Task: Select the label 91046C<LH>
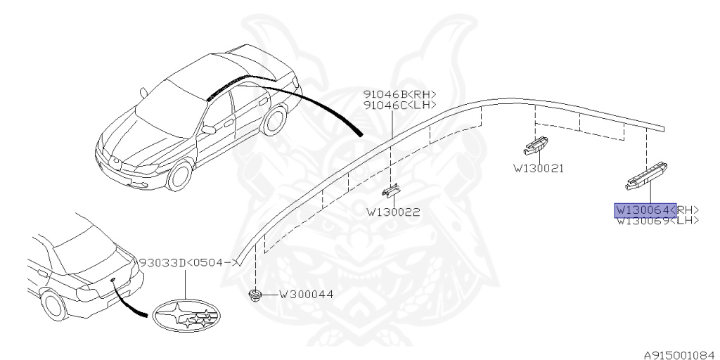pyautogui.click(x=399, y=105)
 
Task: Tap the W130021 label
pyautogui.click(x=539, y=169)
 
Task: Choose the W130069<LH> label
pyautogui.click(x=657, y=220)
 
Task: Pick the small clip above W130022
pyautogui.click(x=391, y=191)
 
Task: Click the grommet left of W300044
pyautogui.click(x=256, y=295)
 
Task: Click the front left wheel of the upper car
pyautogui.click(x=181, y=176)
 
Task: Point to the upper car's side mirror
pyautogui.click(x=208, y=129)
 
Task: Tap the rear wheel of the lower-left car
pyautogui.click(x=53, y=305)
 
